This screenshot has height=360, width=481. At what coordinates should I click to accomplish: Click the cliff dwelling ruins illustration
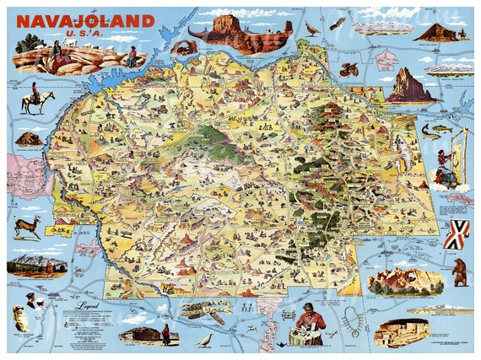pyautogui.click(x=401, y=332)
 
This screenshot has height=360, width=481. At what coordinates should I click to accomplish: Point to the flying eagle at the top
pyautogui.click(x=312, y=29)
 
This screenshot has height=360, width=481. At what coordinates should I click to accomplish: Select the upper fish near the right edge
pyautogui.click(x=431, y=129)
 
